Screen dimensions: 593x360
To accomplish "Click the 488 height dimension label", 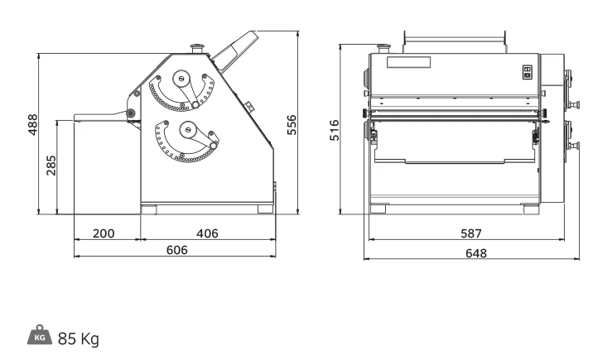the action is pos(33,125).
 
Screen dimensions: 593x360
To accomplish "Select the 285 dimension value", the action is pos(51,166).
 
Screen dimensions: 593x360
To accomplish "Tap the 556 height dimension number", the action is pos(292,125).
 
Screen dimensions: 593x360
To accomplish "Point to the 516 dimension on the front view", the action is pos(335,130).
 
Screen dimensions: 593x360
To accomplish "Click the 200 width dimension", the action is pos(104,233).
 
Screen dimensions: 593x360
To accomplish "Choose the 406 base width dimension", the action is pos(207,233).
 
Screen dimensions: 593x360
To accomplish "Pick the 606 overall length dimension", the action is pos(177,250).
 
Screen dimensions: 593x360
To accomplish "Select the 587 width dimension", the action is pos(471,233).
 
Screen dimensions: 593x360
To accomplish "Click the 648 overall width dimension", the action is pos(475,252).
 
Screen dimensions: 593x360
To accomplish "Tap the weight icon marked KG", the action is pos(40,334).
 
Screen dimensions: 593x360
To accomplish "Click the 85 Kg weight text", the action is pos(79,338).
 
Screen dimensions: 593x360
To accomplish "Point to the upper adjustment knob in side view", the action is pos(181,79).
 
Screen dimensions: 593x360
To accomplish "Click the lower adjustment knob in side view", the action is pos(188,130).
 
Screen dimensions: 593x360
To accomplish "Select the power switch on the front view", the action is pos(528,72).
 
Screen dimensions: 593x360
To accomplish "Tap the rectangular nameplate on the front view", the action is pos(409,62).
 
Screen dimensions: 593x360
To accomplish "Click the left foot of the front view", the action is pos(378,209).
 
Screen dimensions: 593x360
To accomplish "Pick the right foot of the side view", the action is pos(266,209).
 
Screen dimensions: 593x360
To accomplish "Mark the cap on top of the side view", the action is pos(197,49).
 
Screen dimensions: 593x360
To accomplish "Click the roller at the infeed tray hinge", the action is pos(131,113).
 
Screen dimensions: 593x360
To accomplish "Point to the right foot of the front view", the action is pos(532,209).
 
